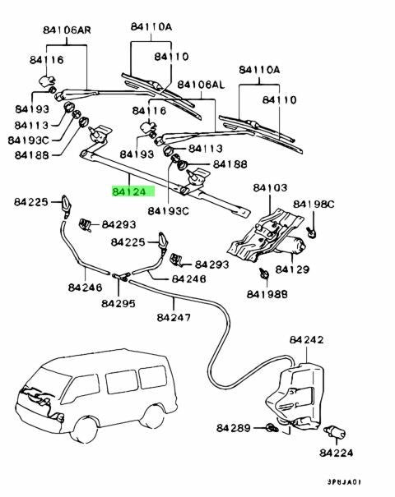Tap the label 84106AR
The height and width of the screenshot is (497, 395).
point(67,30)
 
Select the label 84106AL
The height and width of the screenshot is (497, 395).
point(201,85)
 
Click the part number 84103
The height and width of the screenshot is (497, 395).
point(270,187)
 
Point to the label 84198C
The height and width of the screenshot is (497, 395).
point(314,205)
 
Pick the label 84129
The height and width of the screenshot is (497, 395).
point(292,269)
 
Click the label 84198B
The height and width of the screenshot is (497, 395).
point(267,294)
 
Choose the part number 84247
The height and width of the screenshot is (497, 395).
point(174,317)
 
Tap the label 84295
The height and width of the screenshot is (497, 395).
point(118,303)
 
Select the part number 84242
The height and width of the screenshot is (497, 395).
point(306,340)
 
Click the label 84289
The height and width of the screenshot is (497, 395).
point(234,428)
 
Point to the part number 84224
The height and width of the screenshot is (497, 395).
point(336,453)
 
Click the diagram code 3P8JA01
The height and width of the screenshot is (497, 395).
point(344,482)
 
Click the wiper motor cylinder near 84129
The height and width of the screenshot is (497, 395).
point(295,245)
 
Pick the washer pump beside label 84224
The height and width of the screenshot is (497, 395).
point(335,432)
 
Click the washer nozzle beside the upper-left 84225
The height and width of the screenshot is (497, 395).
point(67,206)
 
